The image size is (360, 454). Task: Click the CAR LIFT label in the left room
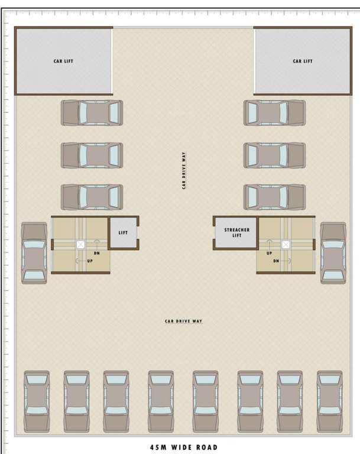click(63, 61)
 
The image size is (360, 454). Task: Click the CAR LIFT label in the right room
click(302, 61)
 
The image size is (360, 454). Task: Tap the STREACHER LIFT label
click(236, 232)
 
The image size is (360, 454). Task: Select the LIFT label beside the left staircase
click(123, 233)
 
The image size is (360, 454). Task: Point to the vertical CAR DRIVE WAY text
click(184, 171)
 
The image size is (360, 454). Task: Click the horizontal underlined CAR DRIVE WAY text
click(183, 321)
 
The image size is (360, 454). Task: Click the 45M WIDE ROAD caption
click(184, 447)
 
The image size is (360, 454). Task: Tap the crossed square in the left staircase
click(80, 244)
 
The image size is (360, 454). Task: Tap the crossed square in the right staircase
click(286, 244)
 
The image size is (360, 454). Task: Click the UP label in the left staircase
click(90, 261)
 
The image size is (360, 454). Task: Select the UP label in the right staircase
click(269, 253)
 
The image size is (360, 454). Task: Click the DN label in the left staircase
click(96, 254)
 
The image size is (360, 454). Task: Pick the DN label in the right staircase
click(275, 261)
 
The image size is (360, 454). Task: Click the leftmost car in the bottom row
click(37, 401)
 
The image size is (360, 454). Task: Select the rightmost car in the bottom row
click(329, 401)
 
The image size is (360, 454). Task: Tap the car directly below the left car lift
click(92, 112)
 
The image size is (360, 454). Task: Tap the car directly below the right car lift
click(275, 112)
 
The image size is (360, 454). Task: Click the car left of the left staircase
click(34, 253)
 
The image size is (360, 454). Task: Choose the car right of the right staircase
click(333, 253)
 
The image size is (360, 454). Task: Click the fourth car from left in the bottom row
click(161, 401)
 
